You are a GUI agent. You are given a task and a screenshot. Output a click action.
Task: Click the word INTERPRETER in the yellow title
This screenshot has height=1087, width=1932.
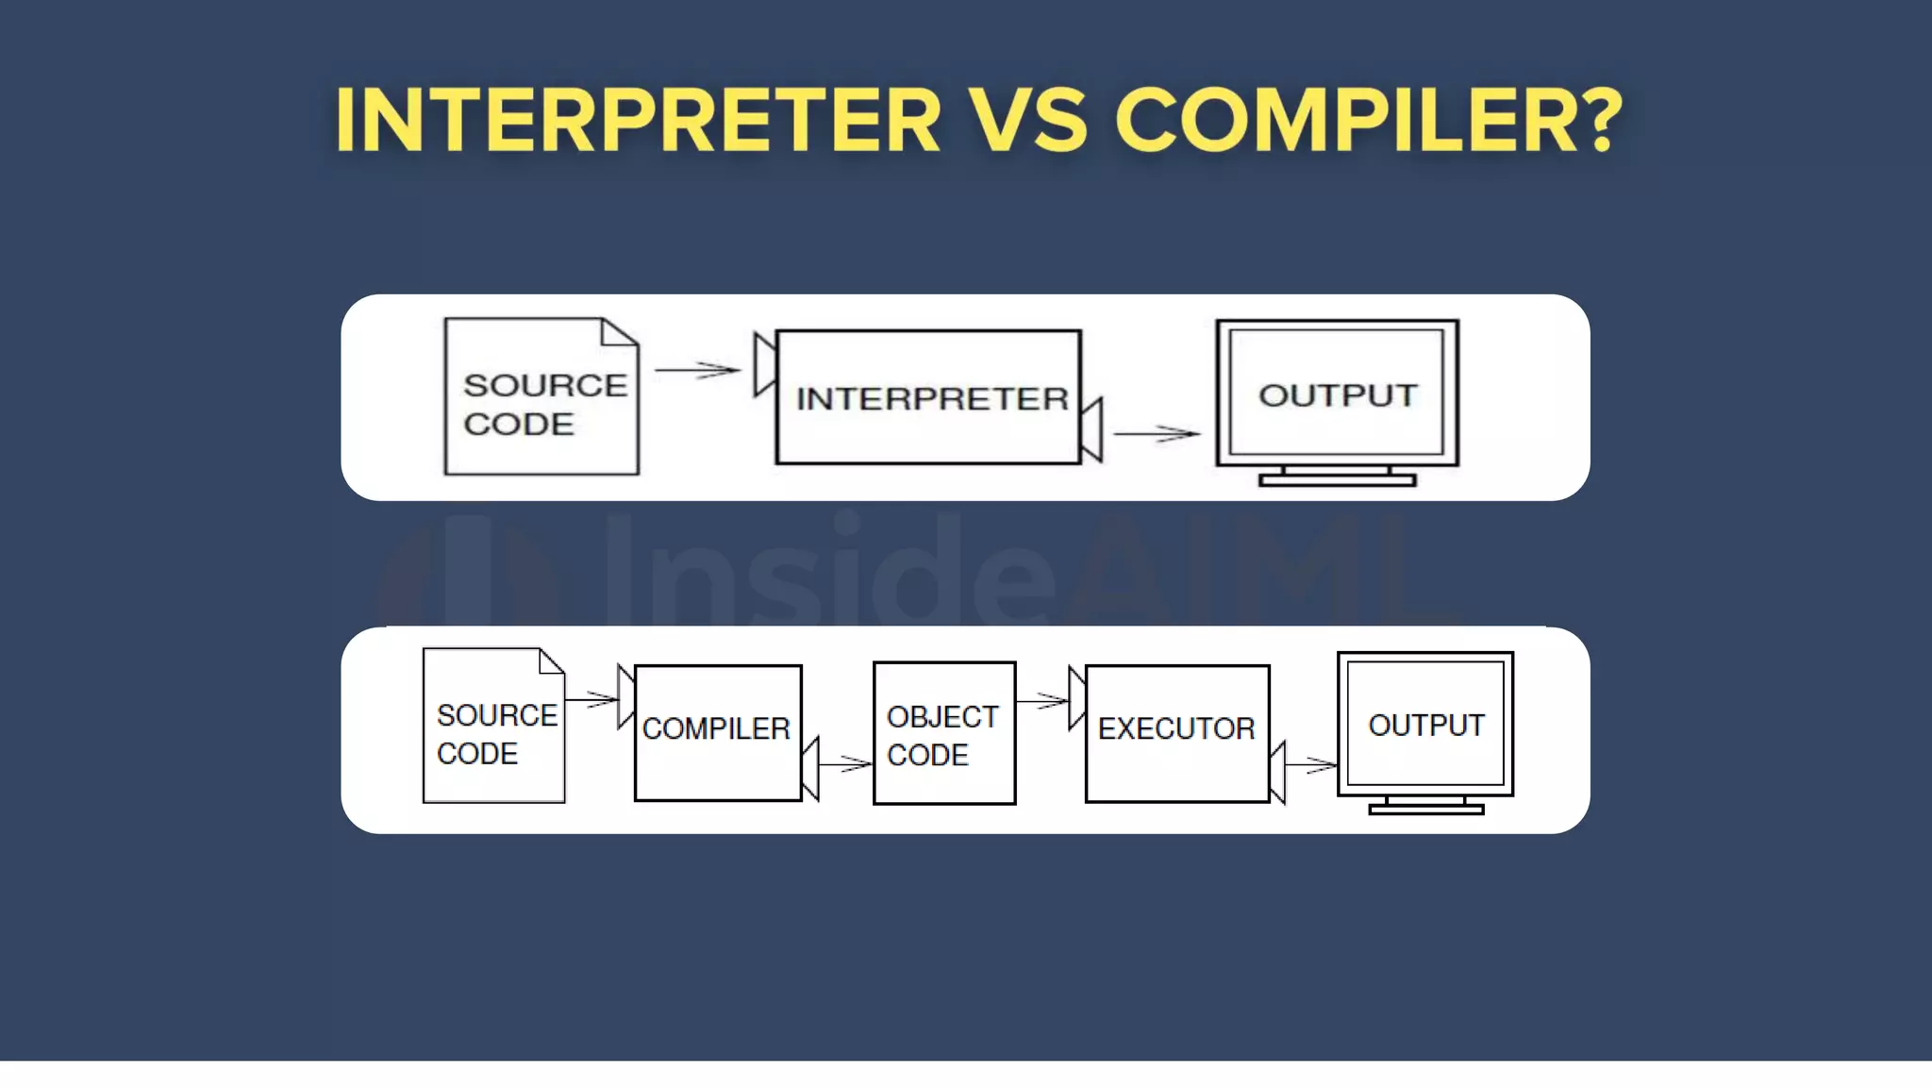(x=638, y=120)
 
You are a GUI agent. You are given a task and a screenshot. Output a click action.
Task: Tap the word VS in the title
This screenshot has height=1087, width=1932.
(x=1028, y=120)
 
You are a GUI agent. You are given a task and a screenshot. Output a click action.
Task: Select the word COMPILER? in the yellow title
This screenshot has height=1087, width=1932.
(x=1368, y=120)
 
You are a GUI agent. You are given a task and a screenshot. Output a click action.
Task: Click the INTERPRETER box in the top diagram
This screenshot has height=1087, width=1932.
(x=929, y=397)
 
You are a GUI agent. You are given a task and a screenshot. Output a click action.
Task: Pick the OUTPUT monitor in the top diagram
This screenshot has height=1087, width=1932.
(x=1338, y=393)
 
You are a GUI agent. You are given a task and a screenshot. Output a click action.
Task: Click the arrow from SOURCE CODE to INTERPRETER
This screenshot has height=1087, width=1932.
(x=698, y=370)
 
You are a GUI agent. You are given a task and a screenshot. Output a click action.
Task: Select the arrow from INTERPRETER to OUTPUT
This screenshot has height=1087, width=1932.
(x=1157, y=434)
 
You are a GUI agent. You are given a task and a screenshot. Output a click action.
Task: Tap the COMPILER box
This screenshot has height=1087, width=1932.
(x=718, y=732)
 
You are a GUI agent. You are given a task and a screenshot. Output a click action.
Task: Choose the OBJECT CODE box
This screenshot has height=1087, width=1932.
(x=944, y=733)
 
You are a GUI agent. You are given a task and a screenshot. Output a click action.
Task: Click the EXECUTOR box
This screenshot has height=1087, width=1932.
(x=1177, y=733)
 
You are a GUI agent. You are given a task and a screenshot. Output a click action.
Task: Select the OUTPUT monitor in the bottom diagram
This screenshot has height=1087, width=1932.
(x=1425, y=724)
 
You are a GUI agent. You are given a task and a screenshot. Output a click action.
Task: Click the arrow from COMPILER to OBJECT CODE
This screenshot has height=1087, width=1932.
(x=845, y=763)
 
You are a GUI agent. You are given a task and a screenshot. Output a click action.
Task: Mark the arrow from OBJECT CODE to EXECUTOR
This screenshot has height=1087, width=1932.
(x=1042, y=700)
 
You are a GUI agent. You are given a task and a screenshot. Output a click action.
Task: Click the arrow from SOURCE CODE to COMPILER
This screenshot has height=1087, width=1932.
(x=591, y=699)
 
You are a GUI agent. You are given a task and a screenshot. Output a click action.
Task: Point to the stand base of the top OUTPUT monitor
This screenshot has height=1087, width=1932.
(x=1338, y=480)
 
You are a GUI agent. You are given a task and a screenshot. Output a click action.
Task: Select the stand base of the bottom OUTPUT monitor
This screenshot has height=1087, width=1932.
(x=1425, y=809)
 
